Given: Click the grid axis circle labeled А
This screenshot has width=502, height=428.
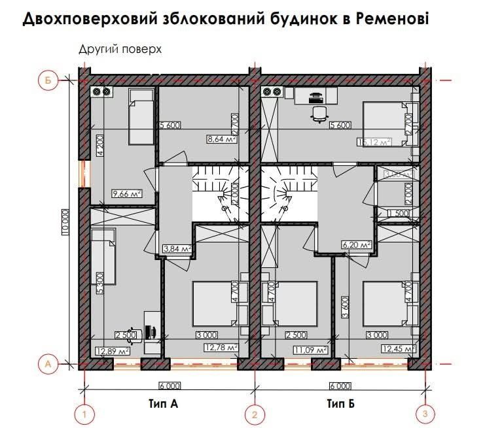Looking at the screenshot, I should click(47, 361).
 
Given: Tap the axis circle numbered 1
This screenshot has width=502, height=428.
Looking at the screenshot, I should click(84, 412).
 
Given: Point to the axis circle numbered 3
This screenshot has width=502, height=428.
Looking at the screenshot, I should click(425, 412).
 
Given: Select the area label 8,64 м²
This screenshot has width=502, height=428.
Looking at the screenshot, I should click(221, 139).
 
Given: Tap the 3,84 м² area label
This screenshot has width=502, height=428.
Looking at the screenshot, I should click(175, 249).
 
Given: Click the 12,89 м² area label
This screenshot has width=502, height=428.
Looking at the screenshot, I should click(113, 351).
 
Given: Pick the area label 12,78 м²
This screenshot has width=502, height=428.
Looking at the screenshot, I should click(220, 348).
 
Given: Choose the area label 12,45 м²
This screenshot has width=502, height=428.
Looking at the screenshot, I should click(397, 348).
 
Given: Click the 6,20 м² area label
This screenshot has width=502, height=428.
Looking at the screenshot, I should click(357, 245).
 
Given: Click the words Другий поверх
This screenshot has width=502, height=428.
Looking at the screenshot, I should click(119, 49).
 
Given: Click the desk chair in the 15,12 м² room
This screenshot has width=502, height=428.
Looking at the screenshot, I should click(319, 114).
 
